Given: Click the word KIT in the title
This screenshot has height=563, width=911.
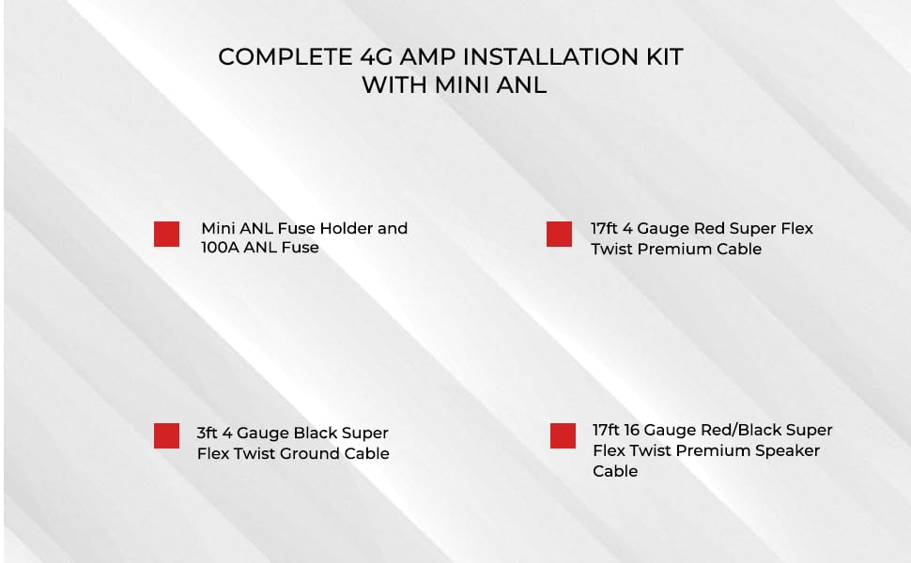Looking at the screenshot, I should click(663, 56).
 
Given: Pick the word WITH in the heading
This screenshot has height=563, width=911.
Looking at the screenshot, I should click(394, 84).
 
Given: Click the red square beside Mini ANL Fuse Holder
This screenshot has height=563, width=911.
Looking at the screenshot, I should click(166, 234).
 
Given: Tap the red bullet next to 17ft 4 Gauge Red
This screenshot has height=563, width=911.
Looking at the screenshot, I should click(559, 234).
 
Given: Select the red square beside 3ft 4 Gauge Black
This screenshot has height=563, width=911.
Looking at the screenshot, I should click(166, 435).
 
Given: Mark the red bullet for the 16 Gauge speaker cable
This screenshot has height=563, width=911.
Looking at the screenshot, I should click(563, 435).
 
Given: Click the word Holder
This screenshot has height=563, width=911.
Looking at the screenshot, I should click(346, 228).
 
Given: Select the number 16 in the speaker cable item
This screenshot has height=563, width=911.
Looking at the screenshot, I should click(633, 430).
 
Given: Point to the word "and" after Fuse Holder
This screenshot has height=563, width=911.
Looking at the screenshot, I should click(393, 228).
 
